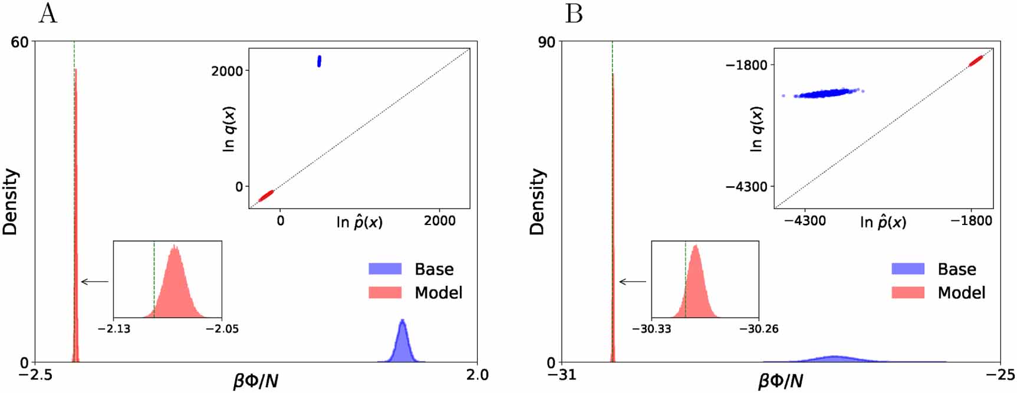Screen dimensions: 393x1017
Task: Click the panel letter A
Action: point(48,13)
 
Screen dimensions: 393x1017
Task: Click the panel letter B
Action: point(574,13)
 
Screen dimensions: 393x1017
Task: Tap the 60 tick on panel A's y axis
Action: point(19,42)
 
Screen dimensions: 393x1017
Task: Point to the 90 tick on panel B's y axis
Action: point(546,42)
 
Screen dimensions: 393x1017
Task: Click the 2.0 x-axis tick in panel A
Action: point(476,375)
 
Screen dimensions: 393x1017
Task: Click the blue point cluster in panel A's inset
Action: point(319,61)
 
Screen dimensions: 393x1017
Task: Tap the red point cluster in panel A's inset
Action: point(266,195)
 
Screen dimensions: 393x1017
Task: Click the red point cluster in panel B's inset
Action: point(976,61)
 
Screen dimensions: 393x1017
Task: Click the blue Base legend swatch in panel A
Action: point(385,269)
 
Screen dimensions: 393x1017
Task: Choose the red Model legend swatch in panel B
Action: point(908,292)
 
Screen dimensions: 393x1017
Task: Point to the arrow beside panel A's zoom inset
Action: point(94,282)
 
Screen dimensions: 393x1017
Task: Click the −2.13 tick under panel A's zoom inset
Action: point(114,329)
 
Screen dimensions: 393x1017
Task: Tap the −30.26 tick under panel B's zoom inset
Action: point(759,329)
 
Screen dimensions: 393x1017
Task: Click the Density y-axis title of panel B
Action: point(537,202)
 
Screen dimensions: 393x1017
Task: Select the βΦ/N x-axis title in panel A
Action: point(256,381)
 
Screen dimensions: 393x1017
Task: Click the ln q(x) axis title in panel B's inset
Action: point(756,128)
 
